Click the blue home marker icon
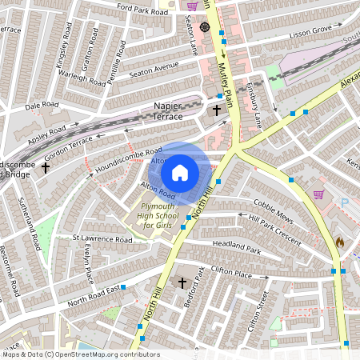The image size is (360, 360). click(x=180, y=172)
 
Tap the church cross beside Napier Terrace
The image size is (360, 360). click(x=216, y=110)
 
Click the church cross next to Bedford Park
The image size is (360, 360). click(x=182, y=283)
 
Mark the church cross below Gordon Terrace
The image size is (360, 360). click(x=46, y=168)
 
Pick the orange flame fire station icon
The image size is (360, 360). click(x=340, y=240)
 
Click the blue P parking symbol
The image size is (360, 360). click(x=345, y=203)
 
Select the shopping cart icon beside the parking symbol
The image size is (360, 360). click(x=319, y=194)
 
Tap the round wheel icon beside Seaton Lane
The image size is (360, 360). click(x=205, y=27)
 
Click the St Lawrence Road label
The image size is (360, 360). click(x=99, y=238)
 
